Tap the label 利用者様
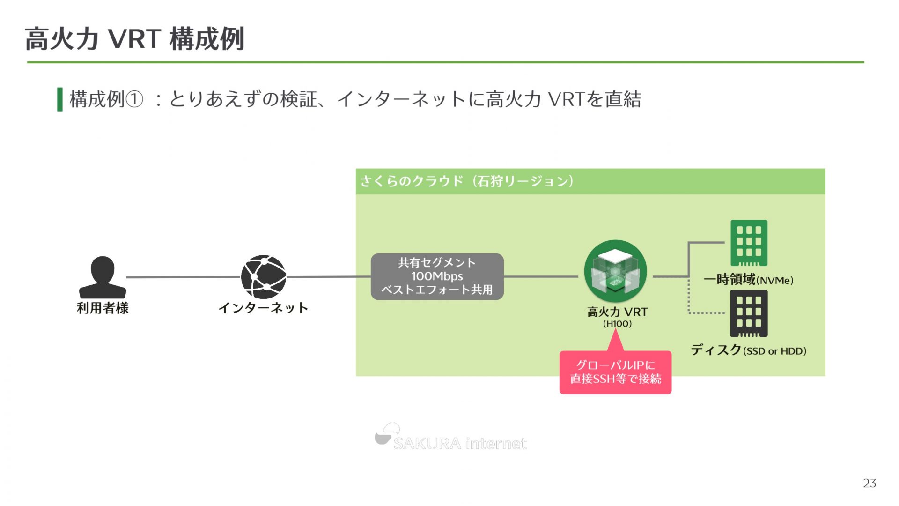tap(103, 308)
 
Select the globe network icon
tap(264, 277)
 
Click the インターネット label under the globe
tap(263, 308)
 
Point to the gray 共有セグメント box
tap(437, 276)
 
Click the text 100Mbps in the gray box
tap(437, 276)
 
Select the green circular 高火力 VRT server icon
tap(616, 271)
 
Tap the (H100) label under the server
tap(617, 324)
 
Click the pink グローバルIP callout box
tap(615, 372)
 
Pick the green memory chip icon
tap(749, 243)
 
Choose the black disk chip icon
tap(749, 313)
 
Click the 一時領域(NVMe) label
tap(748, 280)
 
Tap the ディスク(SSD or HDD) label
tap(748, 350)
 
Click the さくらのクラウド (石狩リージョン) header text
tap(466, 181)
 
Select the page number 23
tap(870, 483)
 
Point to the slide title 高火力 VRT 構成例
tap(135, 38)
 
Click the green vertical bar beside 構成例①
tap(60, 99)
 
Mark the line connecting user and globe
tap(183, 277)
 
